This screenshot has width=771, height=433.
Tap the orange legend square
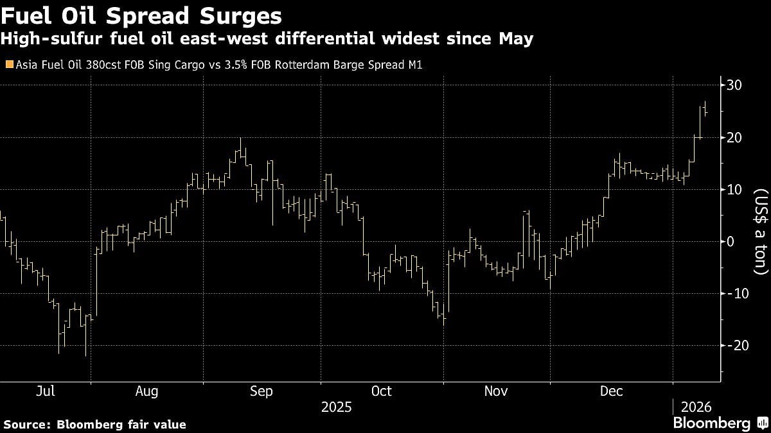[8, 65]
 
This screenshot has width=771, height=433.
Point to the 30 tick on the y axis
[735, 85]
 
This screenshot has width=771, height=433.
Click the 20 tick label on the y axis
[735, 137]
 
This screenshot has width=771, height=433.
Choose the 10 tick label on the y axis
[735, 189]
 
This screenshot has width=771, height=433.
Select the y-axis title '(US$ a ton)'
[761, 232]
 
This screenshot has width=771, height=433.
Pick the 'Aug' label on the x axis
[147, 391]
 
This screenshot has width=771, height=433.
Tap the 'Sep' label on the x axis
[261, 391]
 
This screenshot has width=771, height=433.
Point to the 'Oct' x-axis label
[382, 391]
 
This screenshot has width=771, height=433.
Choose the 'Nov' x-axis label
[495, 391]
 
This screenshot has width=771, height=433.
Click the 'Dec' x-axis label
[611, 391]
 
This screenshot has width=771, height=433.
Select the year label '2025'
[337, 407]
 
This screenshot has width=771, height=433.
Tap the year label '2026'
[696, 407]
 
